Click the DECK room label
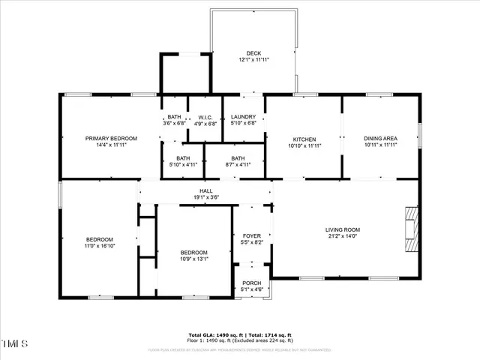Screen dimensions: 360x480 [253, 53]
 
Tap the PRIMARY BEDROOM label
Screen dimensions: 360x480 [111, 139]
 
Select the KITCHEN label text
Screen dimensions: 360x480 [305, 139]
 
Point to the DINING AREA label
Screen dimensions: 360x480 [380, 139]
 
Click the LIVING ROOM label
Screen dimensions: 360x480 [343, 229]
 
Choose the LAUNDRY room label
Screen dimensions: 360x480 [244, 117]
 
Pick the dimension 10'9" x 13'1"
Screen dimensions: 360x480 [193, 259]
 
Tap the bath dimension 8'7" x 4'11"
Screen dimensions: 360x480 [238, 164]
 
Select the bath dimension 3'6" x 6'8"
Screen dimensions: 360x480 [174, 123]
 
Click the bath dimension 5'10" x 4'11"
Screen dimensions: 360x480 [183, 164]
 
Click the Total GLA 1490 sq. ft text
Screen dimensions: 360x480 [213, 334]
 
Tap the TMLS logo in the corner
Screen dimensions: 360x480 [14, 344]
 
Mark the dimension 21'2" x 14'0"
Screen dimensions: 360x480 [343, 236]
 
